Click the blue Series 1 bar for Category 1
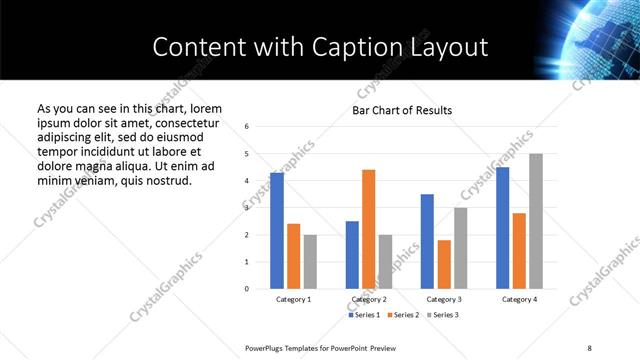(277, 231)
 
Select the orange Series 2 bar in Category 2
(368, 229)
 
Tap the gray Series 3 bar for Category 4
(536, 221)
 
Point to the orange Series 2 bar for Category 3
(444, 264)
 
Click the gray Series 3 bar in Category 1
(310, 262)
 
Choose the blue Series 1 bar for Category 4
(502, 228)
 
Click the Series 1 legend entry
(363, 315)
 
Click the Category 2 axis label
(369, 299)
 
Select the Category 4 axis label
(519, 299)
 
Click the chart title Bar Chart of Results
(402, 110)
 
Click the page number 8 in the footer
(589, 347)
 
